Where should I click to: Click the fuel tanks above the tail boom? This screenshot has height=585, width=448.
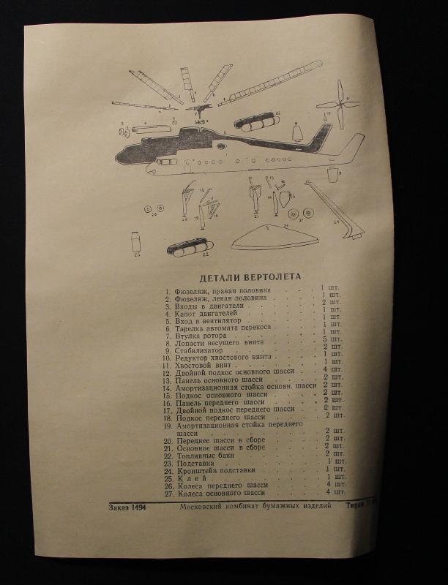pyautogui.click(x=256, y=121)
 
